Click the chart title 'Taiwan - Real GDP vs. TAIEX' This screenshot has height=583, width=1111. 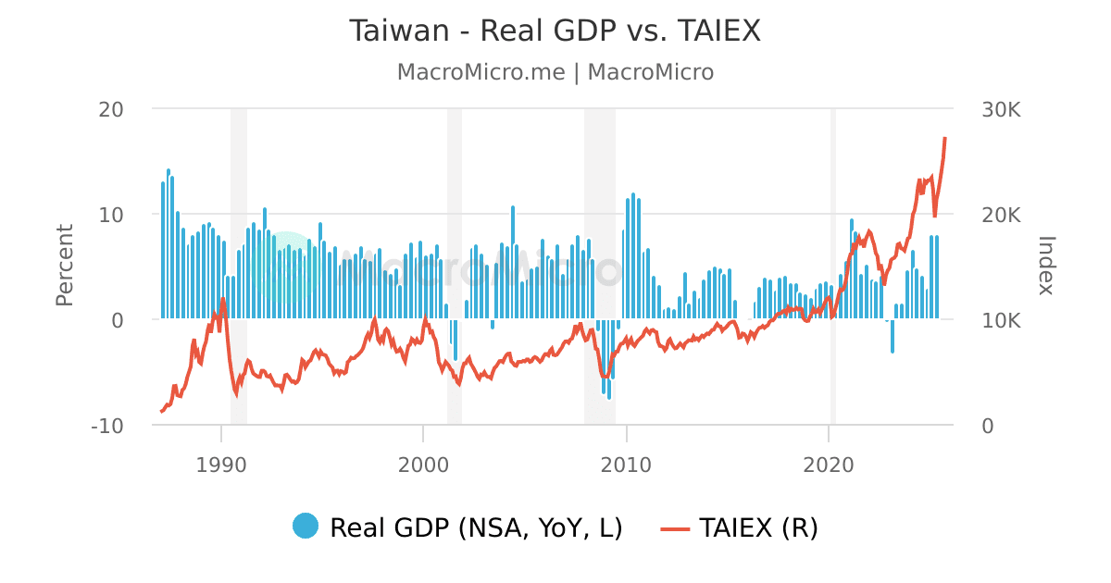pos(555,31)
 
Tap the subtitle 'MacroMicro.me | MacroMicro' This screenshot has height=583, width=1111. pos(555,72)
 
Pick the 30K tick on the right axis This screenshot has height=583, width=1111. pos(1001,109)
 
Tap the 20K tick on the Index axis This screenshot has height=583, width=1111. pos(1001,215)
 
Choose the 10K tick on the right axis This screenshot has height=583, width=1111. pos(1001,320)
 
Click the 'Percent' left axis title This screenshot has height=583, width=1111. pos(64,265)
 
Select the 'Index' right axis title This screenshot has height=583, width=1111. pos(1046,265)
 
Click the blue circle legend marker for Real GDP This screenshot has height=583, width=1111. pos(306,526)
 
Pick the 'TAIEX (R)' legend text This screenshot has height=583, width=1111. pos(758,527)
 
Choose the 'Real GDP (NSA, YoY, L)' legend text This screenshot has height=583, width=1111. pos(476,527)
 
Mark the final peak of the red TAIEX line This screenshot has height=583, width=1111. pos(945,139)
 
